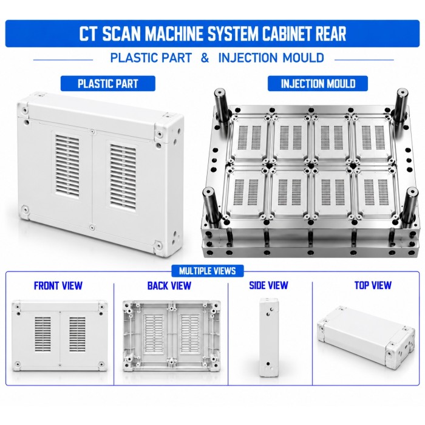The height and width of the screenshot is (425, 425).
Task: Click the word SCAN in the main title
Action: [x=121, y=33]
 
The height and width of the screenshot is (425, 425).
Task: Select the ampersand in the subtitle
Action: [x=205, y=58]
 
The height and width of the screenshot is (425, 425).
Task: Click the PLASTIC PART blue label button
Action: [x=108, y=84]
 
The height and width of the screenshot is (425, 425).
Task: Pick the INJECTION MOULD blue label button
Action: [x=318, y=84]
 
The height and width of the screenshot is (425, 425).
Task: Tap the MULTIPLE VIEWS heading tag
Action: [x=208, y=271]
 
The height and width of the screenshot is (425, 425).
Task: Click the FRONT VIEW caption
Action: [x=58, y=286]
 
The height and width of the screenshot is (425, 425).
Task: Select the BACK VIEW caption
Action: [x=169, y=286]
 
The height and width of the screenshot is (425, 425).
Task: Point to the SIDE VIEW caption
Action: [x=268, y=285]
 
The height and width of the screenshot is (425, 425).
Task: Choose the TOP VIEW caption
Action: [x=373, y=285]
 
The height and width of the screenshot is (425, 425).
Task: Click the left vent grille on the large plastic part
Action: [x=67, y=166]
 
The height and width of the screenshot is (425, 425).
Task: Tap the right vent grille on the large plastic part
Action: [x=123, y=177]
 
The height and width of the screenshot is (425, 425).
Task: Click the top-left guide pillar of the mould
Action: [x=222, y=105]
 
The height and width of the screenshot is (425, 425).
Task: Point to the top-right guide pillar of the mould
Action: [x=401, y=105]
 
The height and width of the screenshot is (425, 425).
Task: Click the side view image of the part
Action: [x=268, y=338]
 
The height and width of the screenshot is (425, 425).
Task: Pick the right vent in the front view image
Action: [x=77, y=335]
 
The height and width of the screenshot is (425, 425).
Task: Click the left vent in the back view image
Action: [x=154, y=335]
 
